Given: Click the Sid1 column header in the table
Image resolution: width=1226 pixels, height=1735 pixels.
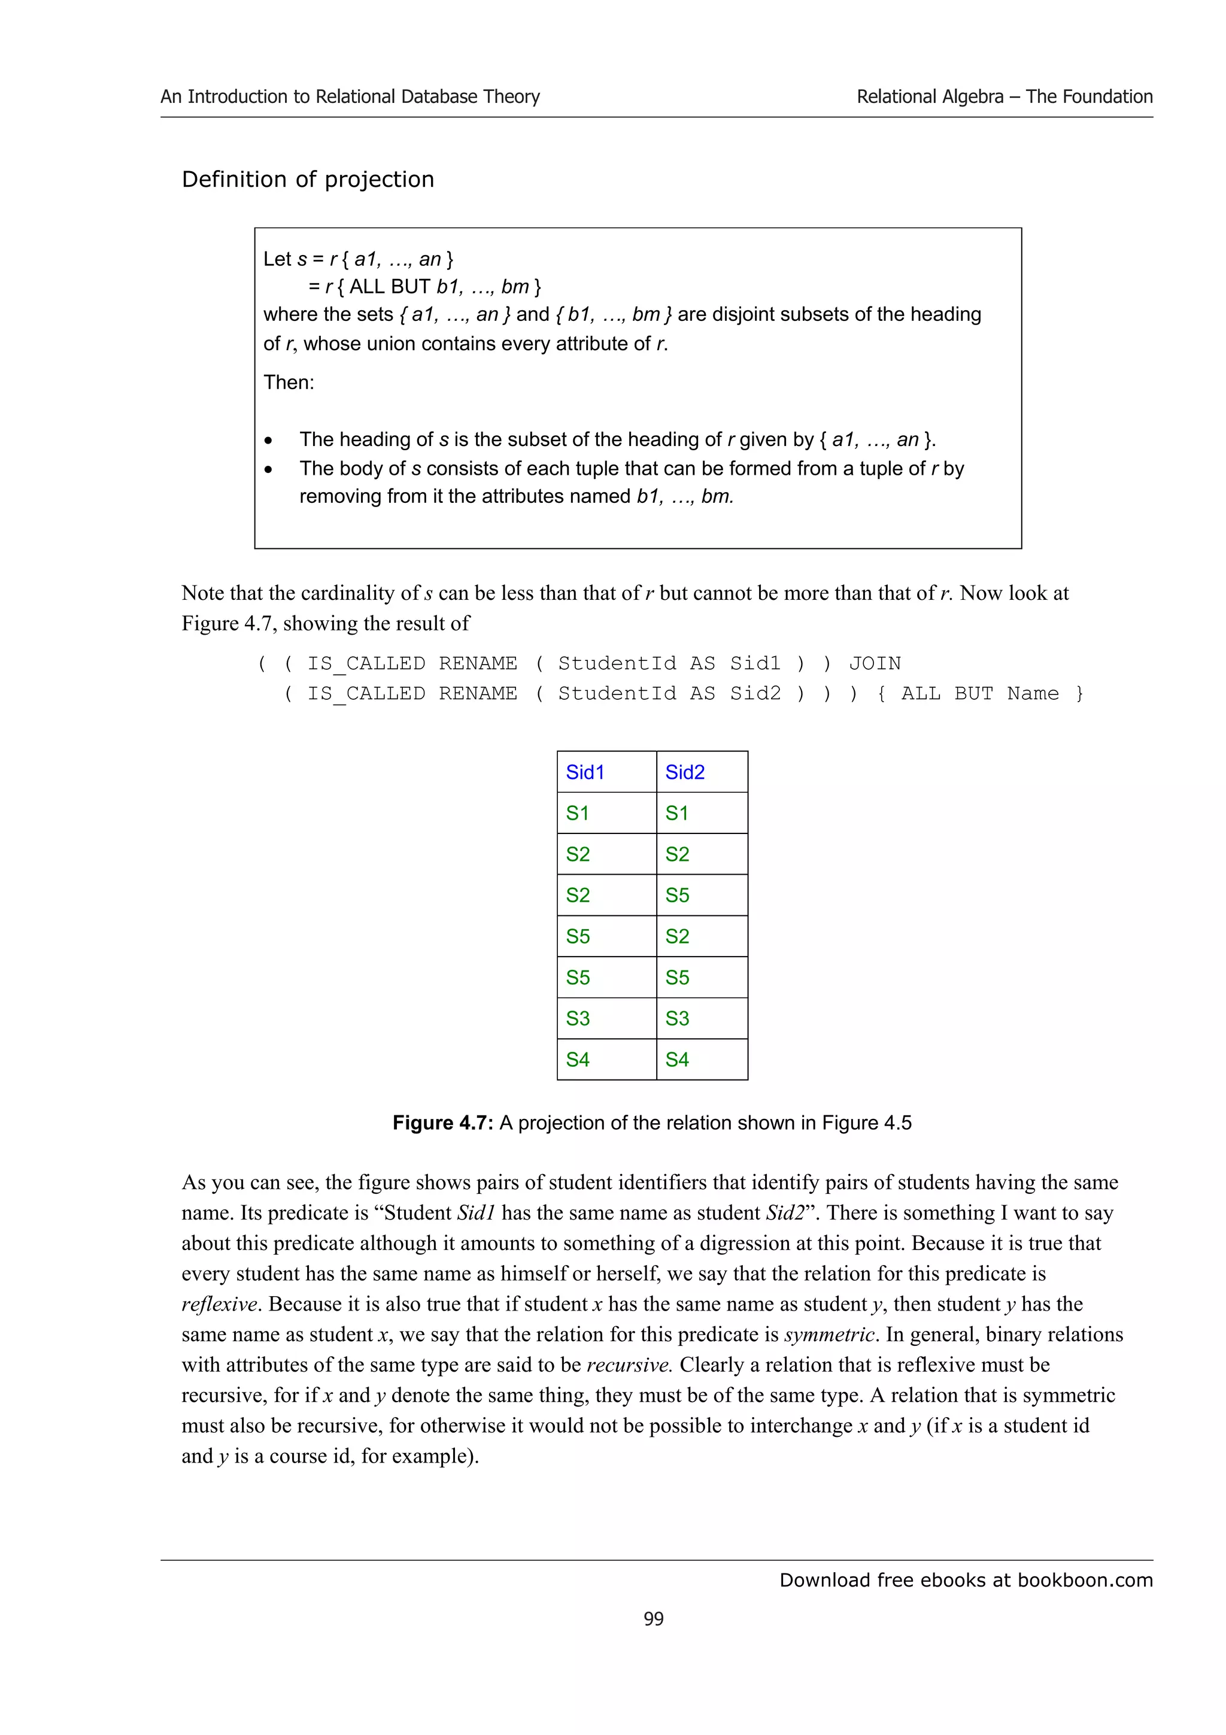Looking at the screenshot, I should click(585, 772).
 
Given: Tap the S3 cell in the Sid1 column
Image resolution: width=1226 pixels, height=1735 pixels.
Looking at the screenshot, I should click(578, 1018).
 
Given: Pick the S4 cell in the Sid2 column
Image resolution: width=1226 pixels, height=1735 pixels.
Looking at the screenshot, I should click(677, 1060).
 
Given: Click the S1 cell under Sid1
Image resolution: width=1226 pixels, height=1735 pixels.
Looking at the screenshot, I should click(578, 813).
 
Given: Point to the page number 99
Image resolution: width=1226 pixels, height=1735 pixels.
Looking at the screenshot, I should click(654, 1619).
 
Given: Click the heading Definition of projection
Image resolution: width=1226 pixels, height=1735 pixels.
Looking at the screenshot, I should click(308, 179).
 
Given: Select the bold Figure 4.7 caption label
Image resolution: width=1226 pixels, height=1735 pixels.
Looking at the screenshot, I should click(442, 1123).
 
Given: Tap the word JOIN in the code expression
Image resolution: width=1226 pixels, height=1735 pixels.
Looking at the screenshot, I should click(875, 663).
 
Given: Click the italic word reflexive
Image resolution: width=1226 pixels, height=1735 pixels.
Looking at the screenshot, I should click(220, 1305).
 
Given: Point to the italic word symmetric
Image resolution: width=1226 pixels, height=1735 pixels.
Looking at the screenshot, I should click(830, 1334).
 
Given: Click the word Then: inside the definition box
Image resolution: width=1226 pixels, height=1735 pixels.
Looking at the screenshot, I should click(289, 383).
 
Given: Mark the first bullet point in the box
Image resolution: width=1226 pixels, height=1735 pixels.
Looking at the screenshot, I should click(268, 441).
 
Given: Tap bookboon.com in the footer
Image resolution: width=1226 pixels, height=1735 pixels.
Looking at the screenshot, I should click(1085, 1580).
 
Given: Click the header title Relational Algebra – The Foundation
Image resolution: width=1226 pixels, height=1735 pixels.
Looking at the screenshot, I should click(1004, 97).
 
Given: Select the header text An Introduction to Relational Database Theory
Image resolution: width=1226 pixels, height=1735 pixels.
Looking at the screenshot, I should click(350, 97).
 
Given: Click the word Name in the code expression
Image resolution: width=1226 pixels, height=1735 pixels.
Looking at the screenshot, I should click(1033, 694).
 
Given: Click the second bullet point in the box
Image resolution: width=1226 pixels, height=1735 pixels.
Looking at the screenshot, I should click(268, 469).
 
